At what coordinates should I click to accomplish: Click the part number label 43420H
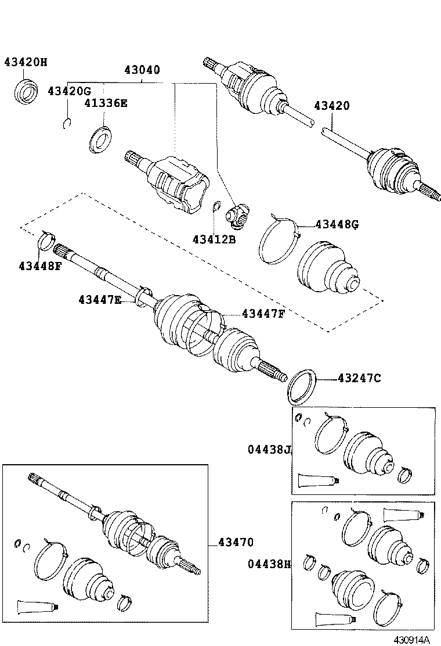coord(26,62)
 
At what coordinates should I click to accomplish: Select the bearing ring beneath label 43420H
coord(25,93)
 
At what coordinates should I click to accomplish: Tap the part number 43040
coord(142,70)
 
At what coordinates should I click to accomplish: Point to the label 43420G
coord(69,91)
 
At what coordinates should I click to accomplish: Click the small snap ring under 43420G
coord(67,121)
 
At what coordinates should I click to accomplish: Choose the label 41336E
coord(105,104)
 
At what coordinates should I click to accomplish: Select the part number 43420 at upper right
coord(331,106)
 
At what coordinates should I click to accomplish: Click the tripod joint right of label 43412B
coord(238,215)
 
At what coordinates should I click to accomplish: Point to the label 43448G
coord(337,224)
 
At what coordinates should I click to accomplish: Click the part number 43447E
coord(100,300)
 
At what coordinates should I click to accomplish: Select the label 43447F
coord(263,314)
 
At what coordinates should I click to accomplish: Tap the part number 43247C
coord(359,379)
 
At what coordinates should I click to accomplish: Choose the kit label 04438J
coord(268,449)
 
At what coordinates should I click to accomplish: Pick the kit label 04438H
coord(268,564)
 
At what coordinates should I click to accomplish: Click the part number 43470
coord(236,543)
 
